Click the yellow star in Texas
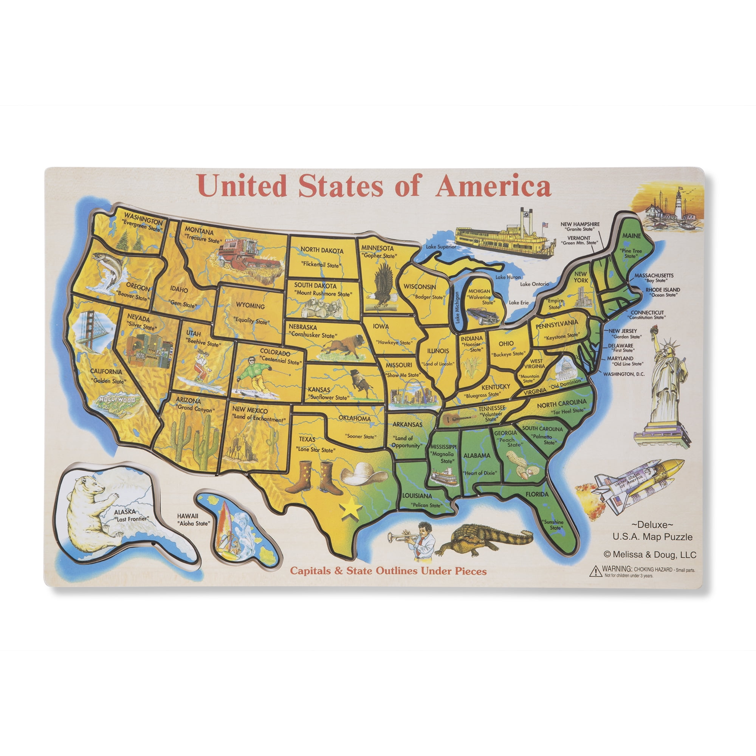(351, 509)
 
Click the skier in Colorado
(253, 376)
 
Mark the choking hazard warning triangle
(595, 571)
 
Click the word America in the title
(493, 187)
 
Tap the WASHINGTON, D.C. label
(624, 374)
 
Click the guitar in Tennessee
(456, 419)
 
